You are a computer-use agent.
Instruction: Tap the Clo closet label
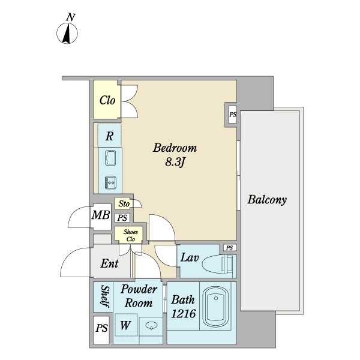(108, 100)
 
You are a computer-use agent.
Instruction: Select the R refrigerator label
(109, 136)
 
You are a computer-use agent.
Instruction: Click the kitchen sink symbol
(110, 158)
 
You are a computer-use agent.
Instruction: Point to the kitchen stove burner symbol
(110, 181)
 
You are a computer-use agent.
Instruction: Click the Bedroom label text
(175, 148)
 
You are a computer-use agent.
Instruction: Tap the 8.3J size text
(175, 161)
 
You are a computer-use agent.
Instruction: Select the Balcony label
(267, 200)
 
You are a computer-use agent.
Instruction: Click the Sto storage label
(124, 204)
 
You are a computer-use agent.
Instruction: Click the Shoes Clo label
(131, 235)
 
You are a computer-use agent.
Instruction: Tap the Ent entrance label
(109, 263)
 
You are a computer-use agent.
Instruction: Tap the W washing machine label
(125, 326)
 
